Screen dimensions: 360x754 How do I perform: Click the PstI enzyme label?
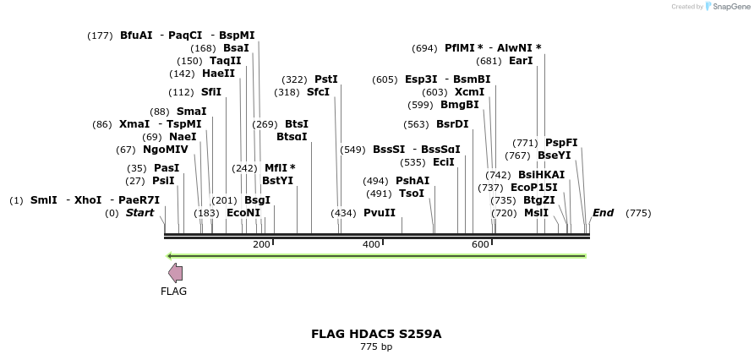tap(325, 79)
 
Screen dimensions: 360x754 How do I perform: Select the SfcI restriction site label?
tap(318, 92)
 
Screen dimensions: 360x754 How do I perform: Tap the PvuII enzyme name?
tap(379, 213)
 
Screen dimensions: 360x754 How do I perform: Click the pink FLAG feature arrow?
tap(175, 272)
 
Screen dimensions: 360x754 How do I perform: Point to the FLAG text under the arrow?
tap(173, 292)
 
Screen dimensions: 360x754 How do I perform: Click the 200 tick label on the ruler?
tap(260, 244)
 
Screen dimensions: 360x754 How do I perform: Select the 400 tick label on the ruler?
tap(370, 244)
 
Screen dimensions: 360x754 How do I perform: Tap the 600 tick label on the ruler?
tap(480, 244)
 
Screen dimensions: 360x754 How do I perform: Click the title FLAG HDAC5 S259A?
tap(376, 334)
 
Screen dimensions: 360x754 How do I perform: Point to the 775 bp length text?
tap(376, 346)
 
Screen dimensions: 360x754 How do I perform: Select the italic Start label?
tap(139, 213)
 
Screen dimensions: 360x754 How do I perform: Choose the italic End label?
tap(603, 213)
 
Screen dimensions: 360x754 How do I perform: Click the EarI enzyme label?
tap(521, 61)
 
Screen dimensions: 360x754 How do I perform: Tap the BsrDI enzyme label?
tap(452, 124)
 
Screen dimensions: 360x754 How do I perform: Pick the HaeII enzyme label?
tap(218, 74)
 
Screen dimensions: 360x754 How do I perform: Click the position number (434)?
tap(343, 213)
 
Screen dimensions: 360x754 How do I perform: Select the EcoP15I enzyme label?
tap(534, 188)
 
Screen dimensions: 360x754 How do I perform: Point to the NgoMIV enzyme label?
tap(166, 150)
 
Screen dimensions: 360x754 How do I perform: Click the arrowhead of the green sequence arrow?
tap(170, 256)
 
